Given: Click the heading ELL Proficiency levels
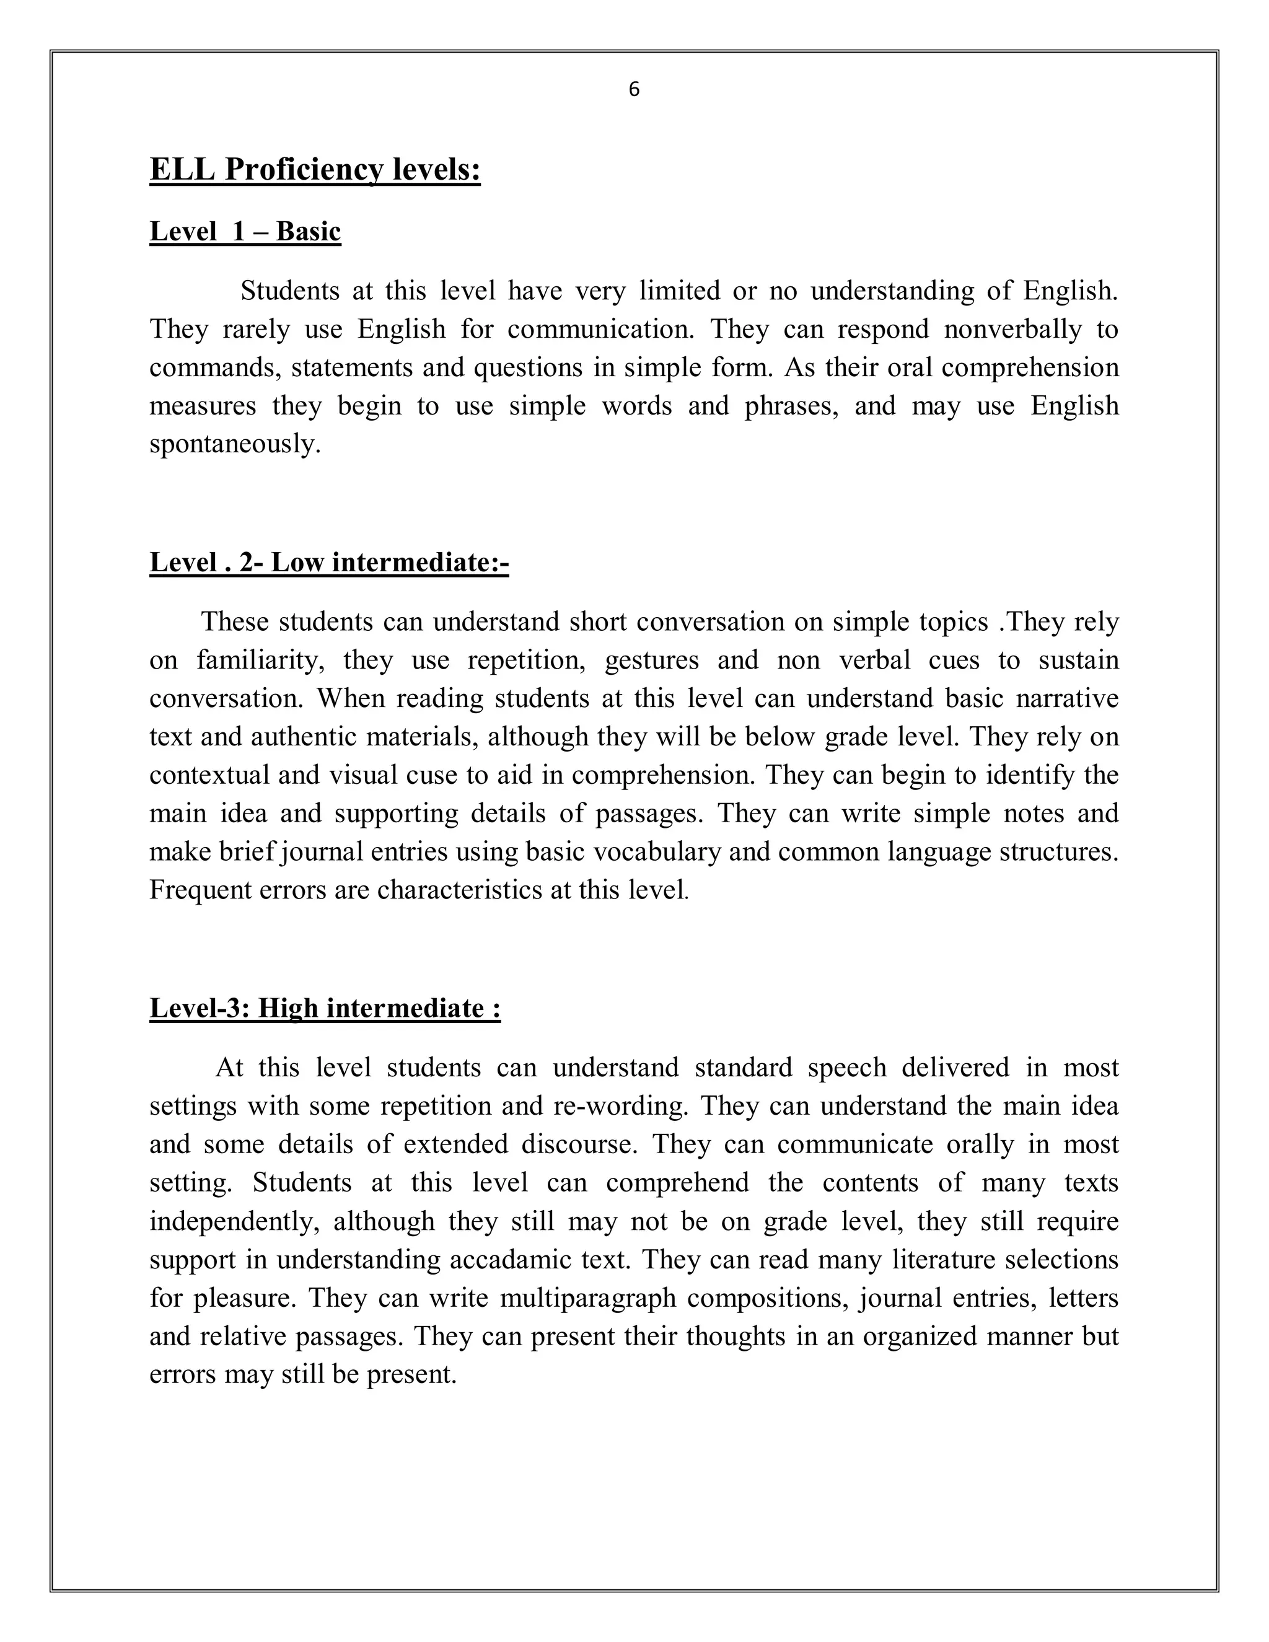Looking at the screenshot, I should (315, 169).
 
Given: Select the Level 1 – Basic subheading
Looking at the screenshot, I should (245, 231).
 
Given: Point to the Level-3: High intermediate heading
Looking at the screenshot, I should (325, 1008).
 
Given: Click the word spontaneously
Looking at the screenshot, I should (235, 444).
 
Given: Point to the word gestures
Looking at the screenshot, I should (651, 660).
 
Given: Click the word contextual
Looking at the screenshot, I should (209, 775).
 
